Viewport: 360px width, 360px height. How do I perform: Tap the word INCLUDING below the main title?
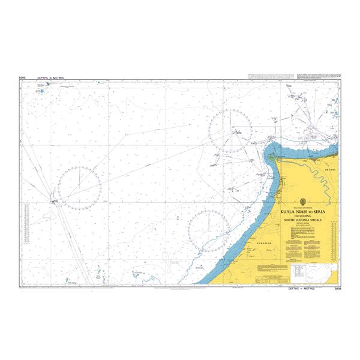pos(302,217)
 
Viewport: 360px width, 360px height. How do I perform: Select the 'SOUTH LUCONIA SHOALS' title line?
pos(302,220)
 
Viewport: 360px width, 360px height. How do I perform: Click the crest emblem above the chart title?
pos(302,202)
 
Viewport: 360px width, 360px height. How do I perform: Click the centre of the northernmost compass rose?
pos(232,130)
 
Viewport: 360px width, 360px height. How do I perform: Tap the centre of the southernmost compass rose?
pos(210,230)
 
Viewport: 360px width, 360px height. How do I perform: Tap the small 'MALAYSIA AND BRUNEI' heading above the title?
pos(302,208)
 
